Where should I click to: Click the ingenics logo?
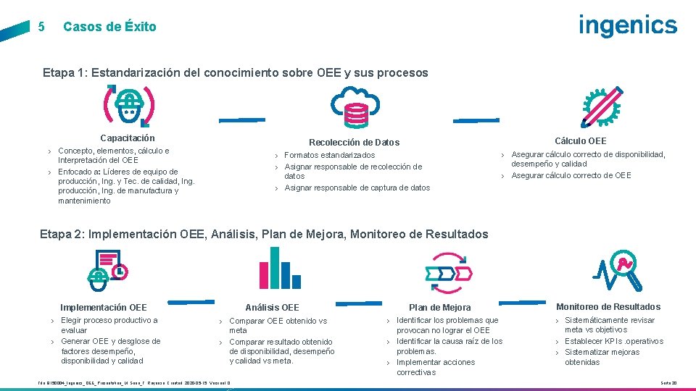point(627,26)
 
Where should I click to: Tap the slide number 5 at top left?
point(41,27)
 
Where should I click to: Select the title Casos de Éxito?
point(109,27)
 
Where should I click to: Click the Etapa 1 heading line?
point(235,72)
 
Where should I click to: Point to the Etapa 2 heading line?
point(265,234)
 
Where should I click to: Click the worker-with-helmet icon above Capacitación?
point(129,106)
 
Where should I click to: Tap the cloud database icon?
point(355,107)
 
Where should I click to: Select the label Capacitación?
point(128,138)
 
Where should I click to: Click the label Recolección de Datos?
point(354,143)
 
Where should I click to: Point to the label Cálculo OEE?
point(580,140)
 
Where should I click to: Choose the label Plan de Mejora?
point(439,307)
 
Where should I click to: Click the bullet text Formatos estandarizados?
point(329,155)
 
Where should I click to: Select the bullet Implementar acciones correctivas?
point(436,367)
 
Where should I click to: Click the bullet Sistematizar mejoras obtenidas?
point(602,357)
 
